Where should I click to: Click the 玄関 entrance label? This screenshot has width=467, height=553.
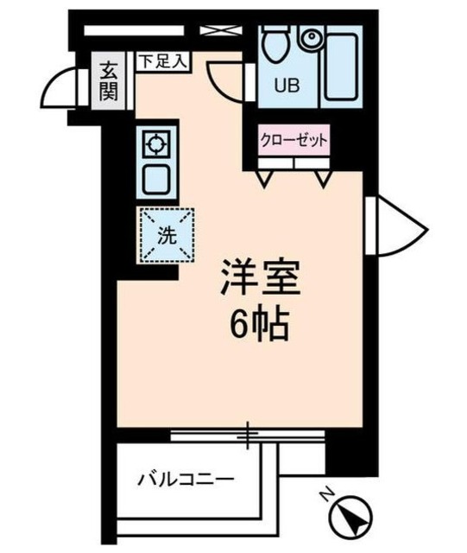pos(110,80)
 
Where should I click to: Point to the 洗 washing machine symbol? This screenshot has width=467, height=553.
pos(163,232)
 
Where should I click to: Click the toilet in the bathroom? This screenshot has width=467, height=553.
pos(276,42)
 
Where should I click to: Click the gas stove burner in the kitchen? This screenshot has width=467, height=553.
pos(156,143)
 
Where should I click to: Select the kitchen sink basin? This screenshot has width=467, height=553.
pos(156,180)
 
